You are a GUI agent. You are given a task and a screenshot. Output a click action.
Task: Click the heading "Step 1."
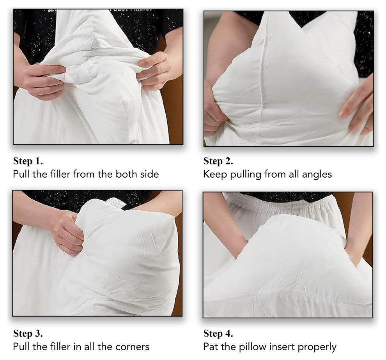click(28, 161)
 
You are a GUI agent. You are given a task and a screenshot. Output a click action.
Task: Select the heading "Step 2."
click(218, 161)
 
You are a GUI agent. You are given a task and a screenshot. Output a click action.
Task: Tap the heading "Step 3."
click(28, 334)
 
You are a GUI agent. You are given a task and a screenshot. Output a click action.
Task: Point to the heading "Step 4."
click(218, 334)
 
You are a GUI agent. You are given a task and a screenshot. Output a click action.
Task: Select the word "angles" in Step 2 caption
click(317, 174)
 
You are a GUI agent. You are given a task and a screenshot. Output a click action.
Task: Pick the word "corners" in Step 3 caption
click(133, 346)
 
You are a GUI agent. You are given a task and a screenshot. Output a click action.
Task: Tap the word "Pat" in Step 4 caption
click(211, 346)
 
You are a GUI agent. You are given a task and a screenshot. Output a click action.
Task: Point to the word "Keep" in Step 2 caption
click(213, 174)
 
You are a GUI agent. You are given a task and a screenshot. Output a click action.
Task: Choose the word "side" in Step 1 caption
click(149, 174)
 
